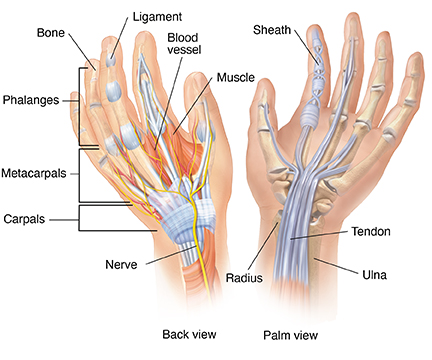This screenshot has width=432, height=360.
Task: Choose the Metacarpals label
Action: click(34, 171)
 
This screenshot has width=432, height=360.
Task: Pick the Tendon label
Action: click(371, 231)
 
